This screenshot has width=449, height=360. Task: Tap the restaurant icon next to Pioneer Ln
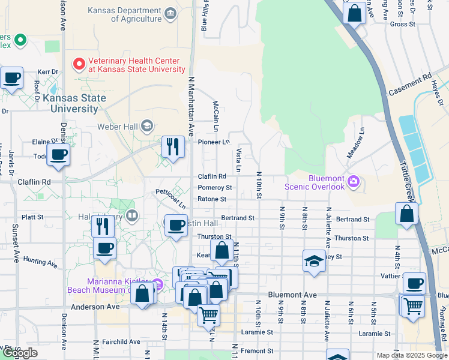click(x=172, y=146)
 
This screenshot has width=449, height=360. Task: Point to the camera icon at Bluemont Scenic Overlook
click(x=354, y=181)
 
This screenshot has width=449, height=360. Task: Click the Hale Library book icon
click(x=132, y=215)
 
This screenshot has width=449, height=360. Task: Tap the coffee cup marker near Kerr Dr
click(x=11, y=77)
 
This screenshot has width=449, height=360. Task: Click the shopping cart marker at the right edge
click(x=413, y=305)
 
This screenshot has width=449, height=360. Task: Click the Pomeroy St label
click(x=215, y=188)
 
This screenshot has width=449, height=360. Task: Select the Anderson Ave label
click(x=95, y=307)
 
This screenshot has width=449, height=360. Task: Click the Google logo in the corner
click(x=20, y=353)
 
